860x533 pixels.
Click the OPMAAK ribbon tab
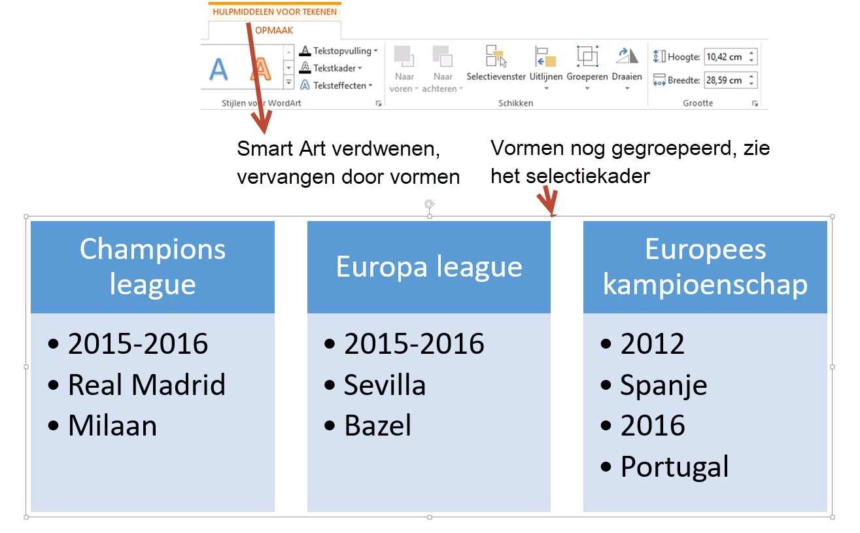pyautogui.click(x=274, y=30)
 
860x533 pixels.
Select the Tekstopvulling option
pyautogui.click(x=337, y=51)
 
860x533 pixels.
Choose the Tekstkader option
pyautogui.click(x=334, y=68)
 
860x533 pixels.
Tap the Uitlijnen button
pyautogui.click(x=545, y=65)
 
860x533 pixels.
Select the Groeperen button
pyautogui.click(x=587, y=65)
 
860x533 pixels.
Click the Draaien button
pyautogui.click(x=627, y=65)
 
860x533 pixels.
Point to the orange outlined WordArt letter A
pyautogui.click(x=261, y=69)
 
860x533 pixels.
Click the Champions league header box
pyautogui.click(x=152, y=267)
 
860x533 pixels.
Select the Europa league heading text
pyautogui.click(x=429, y=267)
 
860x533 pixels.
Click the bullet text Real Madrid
pyautogui.click(x=146, y=385)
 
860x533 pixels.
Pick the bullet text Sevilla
pyautogui.click(x=385, y=385)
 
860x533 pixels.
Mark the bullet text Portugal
pyautogui.click(x=674, y=467)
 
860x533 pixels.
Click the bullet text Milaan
pyautogui.click(x=112, y=426)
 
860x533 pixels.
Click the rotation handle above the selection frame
pyautogui.click(x=430, y=205)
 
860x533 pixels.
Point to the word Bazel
pyautogui.click(x=378, y=426)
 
